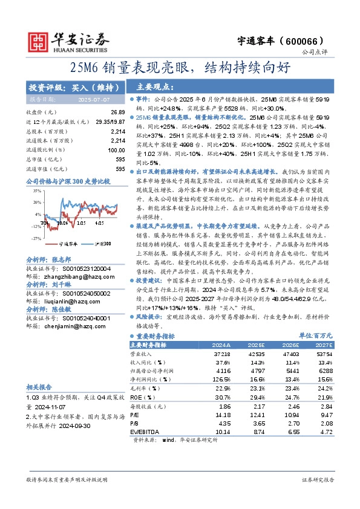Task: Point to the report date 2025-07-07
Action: pyautogui.click(x=94, y=99)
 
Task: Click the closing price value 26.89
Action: pyautogui.click(x=117, y=113)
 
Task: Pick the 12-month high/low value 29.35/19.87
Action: pyautogui.click(x=110, y=122)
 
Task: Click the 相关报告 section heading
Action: pyautogui.click(x=41, y=387)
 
